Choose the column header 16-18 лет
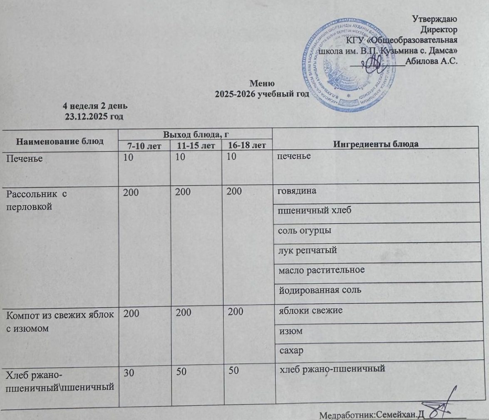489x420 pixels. pos(247,146)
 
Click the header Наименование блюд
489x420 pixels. pos(60,140)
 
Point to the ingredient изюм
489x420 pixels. pos(287,331)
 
